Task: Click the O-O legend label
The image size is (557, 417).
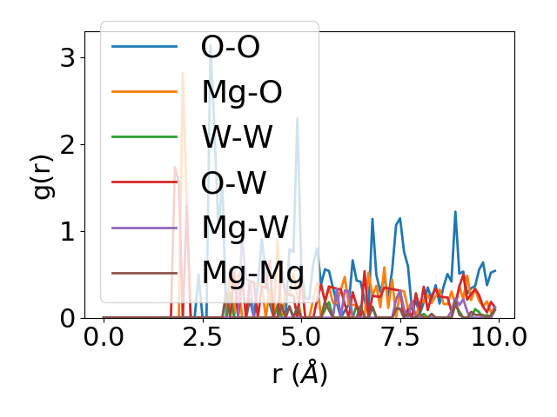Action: pyautogui.click(x=230, y=47)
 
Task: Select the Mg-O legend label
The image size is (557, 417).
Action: pyautogui.click(x=241, y=92)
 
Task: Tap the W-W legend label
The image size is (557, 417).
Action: pyautogui.click(x=237, y=137)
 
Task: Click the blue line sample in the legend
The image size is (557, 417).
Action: pyautogui.click(x=145, y=47)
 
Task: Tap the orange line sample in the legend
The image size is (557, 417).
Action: pyautogui.click(x=145, y=92)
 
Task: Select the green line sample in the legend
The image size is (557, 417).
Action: pyautogui.click(x=145, y=137)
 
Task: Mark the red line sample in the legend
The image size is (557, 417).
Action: pyautogui.click(x=145, y=182)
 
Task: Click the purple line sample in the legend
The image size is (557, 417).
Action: pyautogui.click(x=145, y=228)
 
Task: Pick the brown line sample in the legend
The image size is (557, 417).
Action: pyautogui.click(x=145, y=273)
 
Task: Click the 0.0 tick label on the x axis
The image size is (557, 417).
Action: pyautogui.click(x=104, y=337)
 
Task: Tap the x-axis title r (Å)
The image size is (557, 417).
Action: pyautogui.click(x=299, y=374)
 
